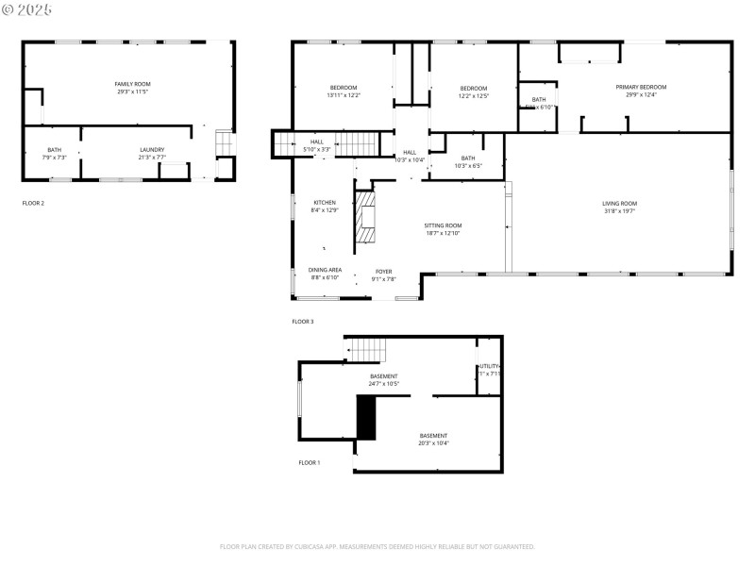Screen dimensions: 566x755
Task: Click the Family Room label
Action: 133,88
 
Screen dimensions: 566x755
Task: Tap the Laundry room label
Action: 152,153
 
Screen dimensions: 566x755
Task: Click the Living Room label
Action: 620,207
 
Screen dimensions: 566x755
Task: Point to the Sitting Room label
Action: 443,229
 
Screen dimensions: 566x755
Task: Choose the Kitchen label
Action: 325,206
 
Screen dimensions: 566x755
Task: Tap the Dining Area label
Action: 325,274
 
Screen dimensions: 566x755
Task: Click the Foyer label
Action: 383,275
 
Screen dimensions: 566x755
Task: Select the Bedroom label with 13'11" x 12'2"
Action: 343,92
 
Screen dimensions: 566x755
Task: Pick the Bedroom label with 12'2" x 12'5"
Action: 474,92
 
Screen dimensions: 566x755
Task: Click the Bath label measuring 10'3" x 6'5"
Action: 468,161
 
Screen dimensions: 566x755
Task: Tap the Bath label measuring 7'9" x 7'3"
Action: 55,153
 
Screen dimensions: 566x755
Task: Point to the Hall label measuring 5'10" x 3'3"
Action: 316,145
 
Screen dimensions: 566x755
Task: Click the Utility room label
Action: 489,370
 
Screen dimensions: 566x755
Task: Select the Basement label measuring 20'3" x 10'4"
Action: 434,439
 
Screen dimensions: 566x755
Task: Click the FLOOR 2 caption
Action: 33,203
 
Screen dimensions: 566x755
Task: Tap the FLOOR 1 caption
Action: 310,462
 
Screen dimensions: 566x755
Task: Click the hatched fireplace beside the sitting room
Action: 365,220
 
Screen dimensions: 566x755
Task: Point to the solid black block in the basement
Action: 366,418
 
